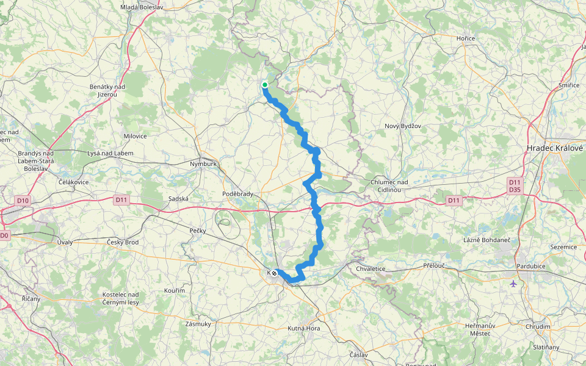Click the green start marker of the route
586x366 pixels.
coord(265,85)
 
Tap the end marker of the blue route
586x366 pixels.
coord(274,273)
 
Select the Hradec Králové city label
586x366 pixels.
coord(555,148)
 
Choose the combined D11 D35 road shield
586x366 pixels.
coord(515,185)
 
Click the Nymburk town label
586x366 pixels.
coord(203,163)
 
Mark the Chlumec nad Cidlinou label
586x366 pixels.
coord(389,185)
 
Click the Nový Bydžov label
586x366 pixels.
coord(402,126)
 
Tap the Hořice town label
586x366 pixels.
coord(466,38)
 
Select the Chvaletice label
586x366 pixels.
coord(372,268)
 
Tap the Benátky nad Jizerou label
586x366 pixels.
coord(107,90)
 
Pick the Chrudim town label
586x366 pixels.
coord(538,326)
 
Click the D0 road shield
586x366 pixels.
coord(4,235)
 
